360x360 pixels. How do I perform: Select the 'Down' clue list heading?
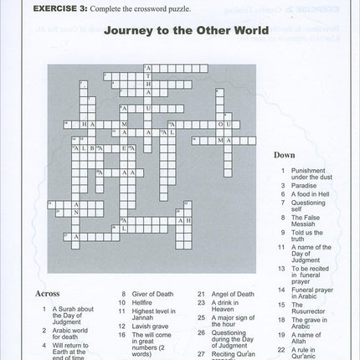(x=285, y=155)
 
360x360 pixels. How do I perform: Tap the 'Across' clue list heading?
(x=48, y=294)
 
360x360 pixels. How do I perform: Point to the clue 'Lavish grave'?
(x=149, y=324)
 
